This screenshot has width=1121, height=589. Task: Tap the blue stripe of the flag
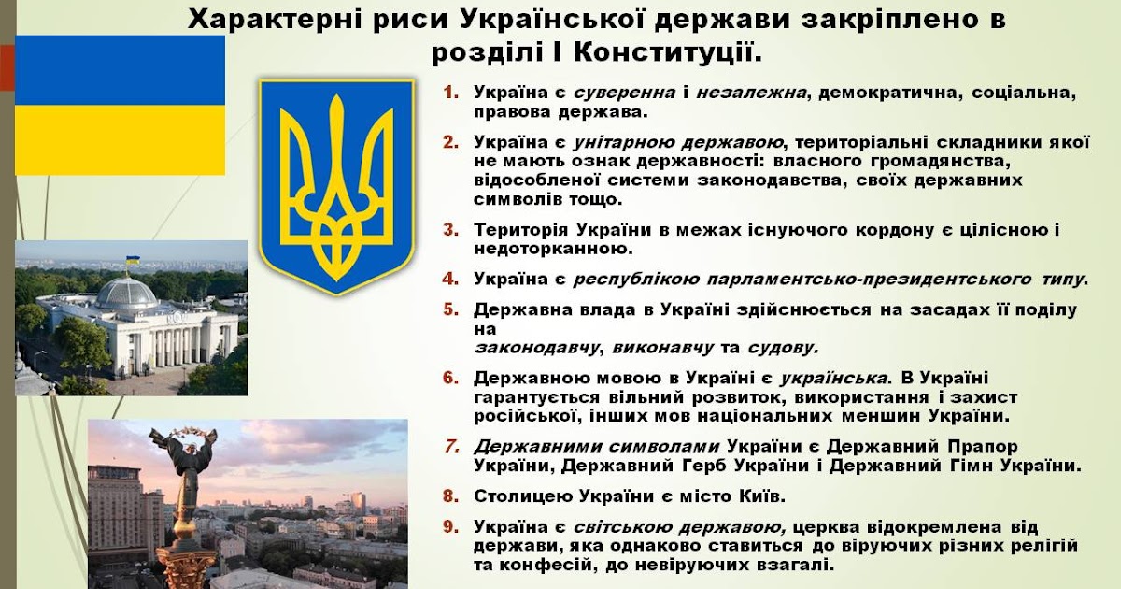coord(121,70)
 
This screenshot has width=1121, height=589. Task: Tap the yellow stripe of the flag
coord(121,139)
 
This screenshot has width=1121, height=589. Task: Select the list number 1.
coord(451,93)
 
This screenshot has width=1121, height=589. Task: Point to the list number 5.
coord(451,309)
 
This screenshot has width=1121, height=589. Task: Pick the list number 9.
coord(451,526)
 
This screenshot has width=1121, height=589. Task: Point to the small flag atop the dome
coord(134,259)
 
